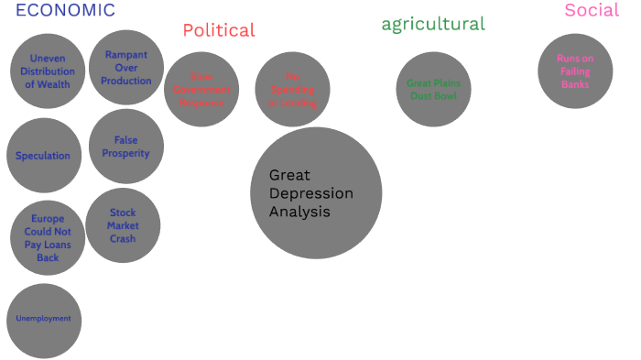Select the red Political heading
pyautogui.click(x=219, y=30)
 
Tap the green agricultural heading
pyautogui.click(x=433, y=24)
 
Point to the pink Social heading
pyautogui.click(x=592, y=10)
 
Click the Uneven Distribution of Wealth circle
pyautogui.click(x=48, y=71)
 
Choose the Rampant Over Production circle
pyautogui.click(x=126, y=68)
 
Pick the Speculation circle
pyautogui.click(x=43, y=156)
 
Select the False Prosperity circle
pyautogui.click(x=126, y=147)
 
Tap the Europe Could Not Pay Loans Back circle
pyautogui.click(x=48, y=238)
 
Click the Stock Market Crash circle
pyautogui.click(x=123, y=225)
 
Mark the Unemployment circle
pyautogui.click(x=44, y=320)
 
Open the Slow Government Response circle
pyautogui.click(x=201, y=90)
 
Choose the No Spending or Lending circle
pyautogui.click(x=292, y=90)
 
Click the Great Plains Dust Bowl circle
pyautogui.click(x=434, y=90)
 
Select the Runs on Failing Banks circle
pyautogui.click(x=575, y=71)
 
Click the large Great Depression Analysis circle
pyautogui.click(x=316, y=193)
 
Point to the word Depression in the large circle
pyautogui.click(x=311, y=193)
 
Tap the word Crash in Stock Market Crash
pyautogui.click(x=123, y=239)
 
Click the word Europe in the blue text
pyautogui.click(x=48, y=219)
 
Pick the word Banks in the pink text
pyautogui.click(x=575, y=84)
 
